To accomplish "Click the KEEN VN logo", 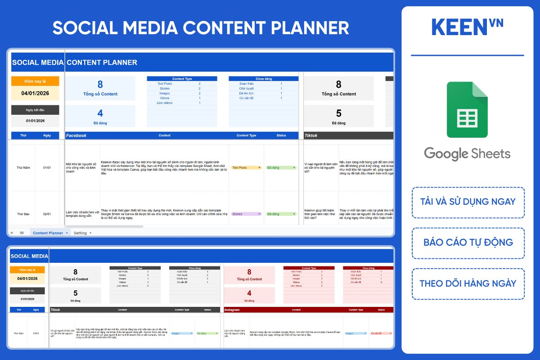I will click(x=467, y=27).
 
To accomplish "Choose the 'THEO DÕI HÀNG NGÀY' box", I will click(x=468, y=284).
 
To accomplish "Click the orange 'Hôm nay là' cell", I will click(x=35, y=81).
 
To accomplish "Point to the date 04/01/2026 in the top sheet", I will click(x=35, y=94).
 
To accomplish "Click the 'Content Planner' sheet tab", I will click(x=48, y=233).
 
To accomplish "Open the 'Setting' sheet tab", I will click(x=81, y=233).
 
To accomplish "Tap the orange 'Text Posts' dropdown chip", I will click(x=246, y=168).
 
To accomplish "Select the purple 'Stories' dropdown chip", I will click(x=246, y=214).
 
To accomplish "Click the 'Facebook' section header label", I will click(x=76, y=135).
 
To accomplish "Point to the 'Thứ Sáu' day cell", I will click(x=23, y=214).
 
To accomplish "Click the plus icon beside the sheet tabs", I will click(x=12, y=233).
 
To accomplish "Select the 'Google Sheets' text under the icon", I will click(x=467, y=153).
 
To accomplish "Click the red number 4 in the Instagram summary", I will click(x=249, y=293).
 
